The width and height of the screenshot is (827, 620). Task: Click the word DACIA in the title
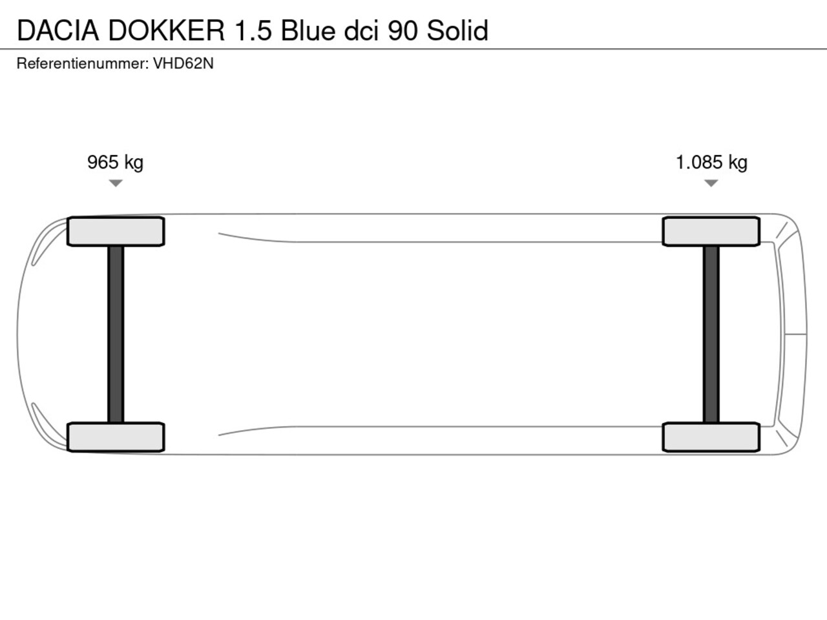pyautogui.click(x=58, y=30)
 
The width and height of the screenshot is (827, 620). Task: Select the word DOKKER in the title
pyautogui.click(x=167, y=30)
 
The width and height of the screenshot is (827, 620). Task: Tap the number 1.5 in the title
pyautogui.click(x=253, y=30)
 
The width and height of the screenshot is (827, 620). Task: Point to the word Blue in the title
pyautogui.click(x=308, y=30)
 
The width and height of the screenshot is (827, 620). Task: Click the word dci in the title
pyautogui.click(x=361, y=30)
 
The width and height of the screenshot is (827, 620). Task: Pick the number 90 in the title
pyautogui.click(x=403, y=30)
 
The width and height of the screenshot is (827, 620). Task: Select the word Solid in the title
pyautogui.click(x=457, y=30)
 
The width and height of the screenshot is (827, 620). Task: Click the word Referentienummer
pyautogui.click(x=83, y=64)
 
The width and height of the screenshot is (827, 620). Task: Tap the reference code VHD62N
pyautogui.click(x=183, y=64)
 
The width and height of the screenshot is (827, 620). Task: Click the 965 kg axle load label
pyautogui.click(x=115, y=163)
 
